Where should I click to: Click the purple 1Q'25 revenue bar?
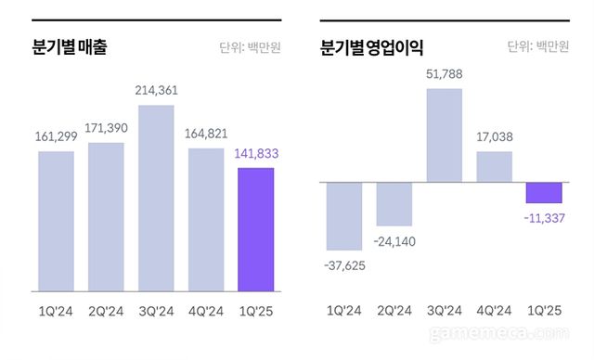point(255,229)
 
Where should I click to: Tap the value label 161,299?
point(56,136)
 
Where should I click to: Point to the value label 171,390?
point(106,127)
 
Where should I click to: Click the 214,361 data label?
point(156,90)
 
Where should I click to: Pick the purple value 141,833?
point(255,154)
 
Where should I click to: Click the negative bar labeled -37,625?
point(344,215)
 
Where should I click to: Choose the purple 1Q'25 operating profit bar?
point(544,192)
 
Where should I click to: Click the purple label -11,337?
point(544,219)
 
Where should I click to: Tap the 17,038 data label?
point(495,135)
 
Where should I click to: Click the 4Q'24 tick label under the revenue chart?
point(206,311)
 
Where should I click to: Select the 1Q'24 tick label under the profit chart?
point(344,311)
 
